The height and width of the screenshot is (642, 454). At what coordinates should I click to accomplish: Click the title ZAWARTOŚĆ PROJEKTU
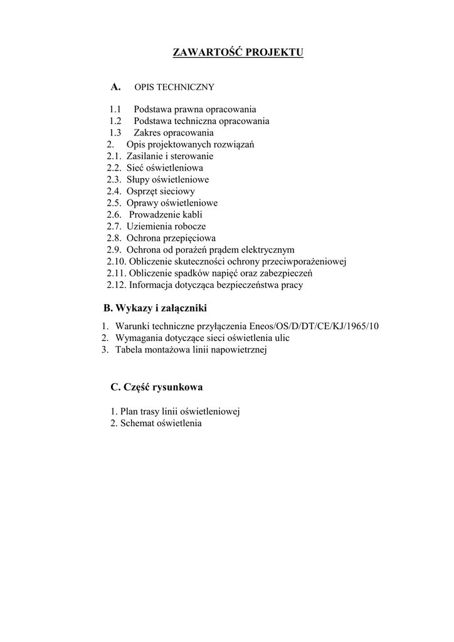[238, 51]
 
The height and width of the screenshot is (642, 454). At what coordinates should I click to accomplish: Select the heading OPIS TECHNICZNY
[174, 87]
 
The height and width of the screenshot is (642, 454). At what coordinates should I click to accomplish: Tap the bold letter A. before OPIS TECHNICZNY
[115, 87]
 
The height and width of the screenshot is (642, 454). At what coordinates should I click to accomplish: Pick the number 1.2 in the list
[115, 121]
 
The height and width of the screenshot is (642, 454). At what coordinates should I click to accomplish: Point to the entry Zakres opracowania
[173, 133]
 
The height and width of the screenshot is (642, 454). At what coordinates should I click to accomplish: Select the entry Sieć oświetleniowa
[164, 168]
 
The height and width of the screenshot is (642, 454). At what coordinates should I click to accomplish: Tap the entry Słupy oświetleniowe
[167, 180]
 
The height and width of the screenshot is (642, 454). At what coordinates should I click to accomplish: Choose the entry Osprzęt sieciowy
[161, 191]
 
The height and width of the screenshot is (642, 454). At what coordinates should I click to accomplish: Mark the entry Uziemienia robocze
[166, 226]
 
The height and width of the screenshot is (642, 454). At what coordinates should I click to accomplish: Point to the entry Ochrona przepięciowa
[171, 238]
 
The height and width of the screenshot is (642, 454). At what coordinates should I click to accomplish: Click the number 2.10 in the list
[116, 261]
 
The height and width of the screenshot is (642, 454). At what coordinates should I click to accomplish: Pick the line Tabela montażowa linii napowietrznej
[191, 350]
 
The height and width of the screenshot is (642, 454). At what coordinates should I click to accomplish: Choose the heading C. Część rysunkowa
[156, 387]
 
